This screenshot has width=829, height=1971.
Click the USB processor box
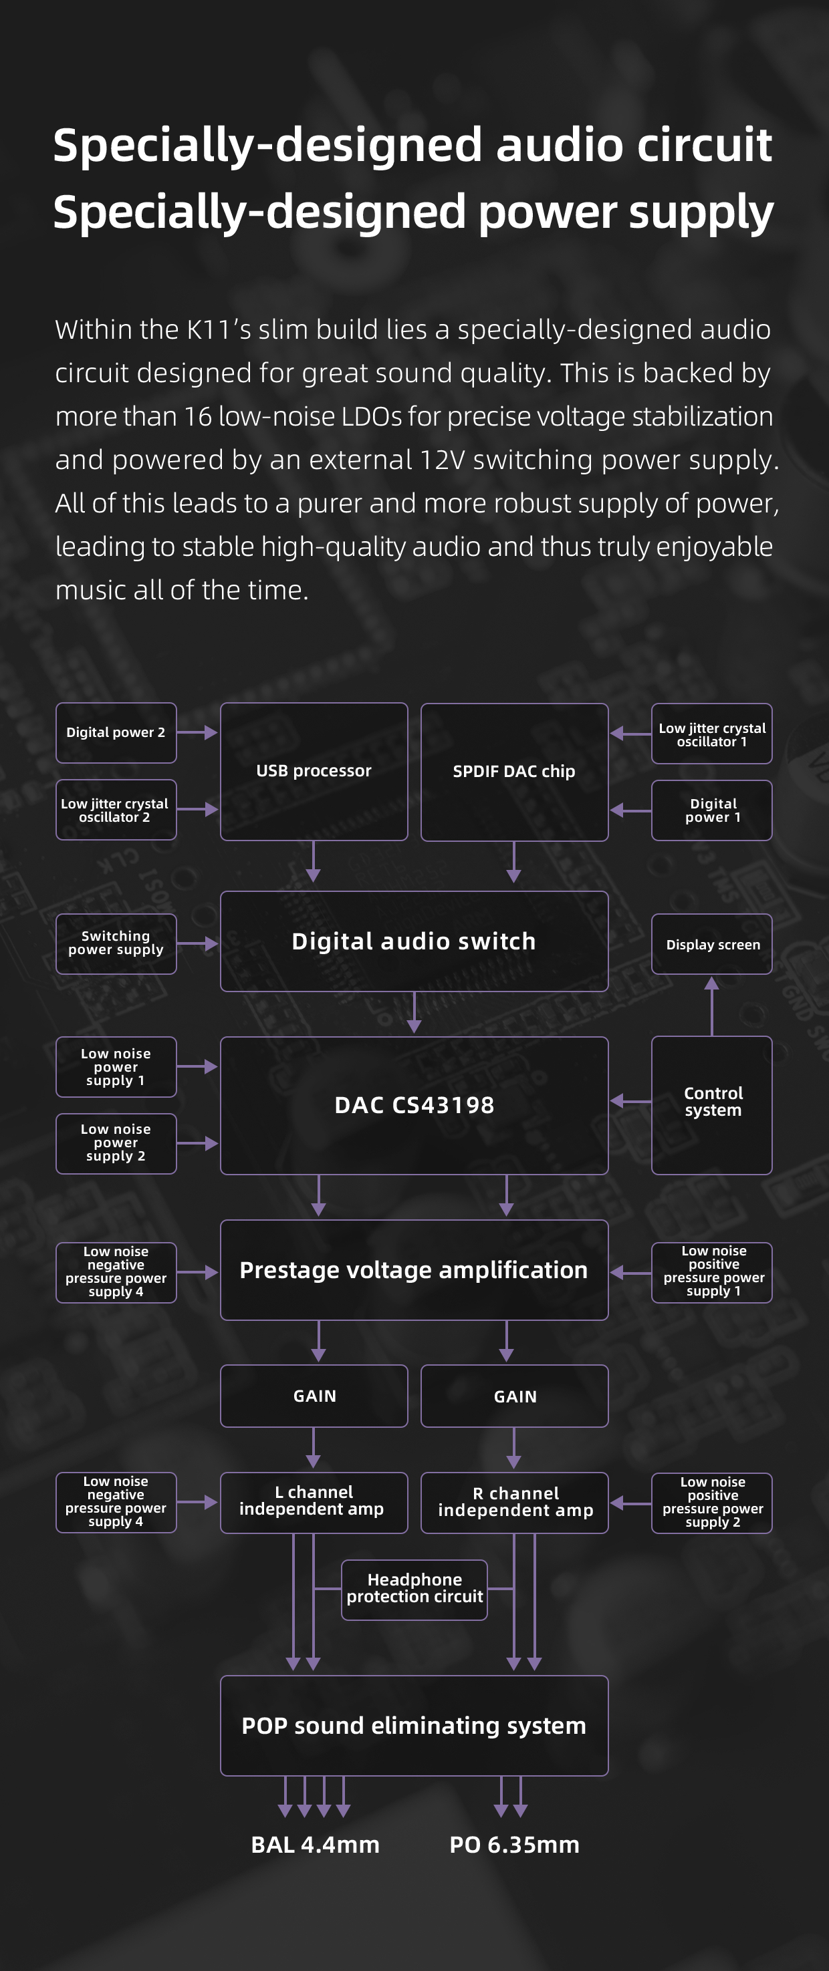pyautogui.click(x=314, y=771)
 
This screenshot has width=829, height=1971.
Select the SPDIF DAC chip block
pyautogui.click(x=514, y=771)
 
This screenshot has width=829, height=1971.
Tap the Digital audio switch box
pyautogui.click(x=414, y=941)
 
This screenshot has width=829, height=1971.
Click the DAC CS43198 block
pyautogui.click(x=414, y=1105)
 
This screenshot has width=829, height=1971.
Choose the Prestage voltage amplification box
pyautogui.click(x=414, y=1270)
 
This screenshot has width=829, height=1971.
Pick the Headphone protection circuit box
pyautogui.click(x=414, y=1589)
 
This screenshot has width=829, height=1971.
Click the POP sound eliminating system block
pyautogui.click(x=414, y=1725)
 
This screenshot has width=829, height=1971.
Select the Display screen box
pyautogui.click(x=712, y=944)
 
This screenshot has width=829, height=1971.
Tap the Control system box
pyautogui.click(x=712, y=1105)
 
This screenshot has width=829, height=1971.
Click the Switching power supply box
pyautogui.click(x=116, y=943)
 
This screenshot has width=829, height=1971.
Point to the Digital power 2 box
pyautogui.click(x=116, y=732)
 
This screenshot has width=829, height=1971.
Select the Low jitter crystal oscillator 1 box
pyautogui.click(x=712, y=734)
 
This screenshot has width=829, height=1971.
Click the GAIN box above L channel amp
pyautogui.click(x=314, y=1396)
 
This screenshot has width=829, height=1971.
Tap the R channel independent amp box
pyautogui.click(x=514, y=1503)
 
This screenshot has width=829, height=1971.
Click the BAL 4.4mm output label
pyautogui.click(x=316, y=1845)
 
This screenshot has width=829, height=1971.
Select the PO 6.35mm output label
pyautogui.click(x=514, y=1845)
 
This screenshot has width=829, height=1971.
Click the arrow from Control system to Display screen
pyautogui.click(x=712, y=1006)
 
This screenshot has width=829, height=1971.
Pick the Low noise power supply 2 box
pyautogui.click(x=116, y=1143)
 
